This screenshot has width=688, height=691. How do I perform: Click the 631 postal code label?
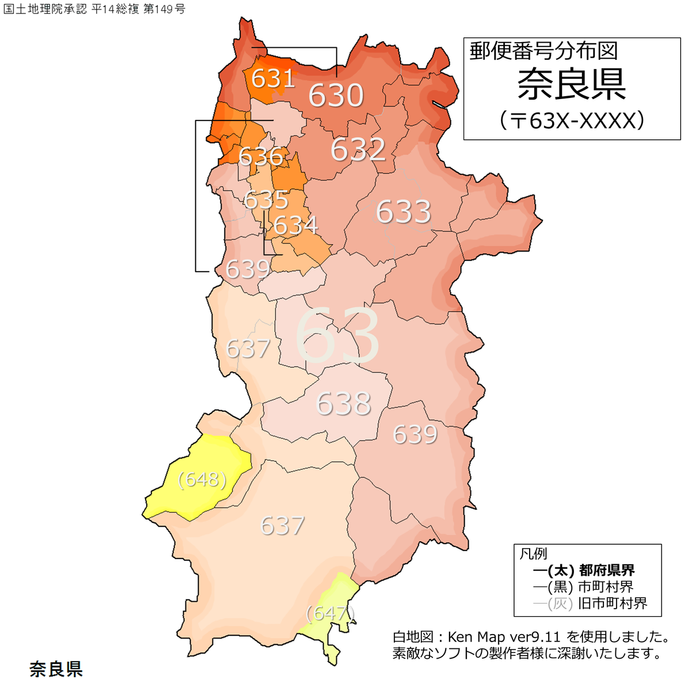(x=273, y=78)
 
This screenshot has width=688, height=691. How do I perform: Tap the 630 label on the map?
(x=336, y=95)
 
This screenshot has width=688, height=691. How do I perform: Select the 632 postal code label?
(x=358, y=150)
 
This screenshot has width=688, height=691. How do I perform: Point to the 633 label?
(x=403, y=212)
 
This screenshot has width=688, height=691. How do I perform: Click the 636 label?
(x=261, y=157)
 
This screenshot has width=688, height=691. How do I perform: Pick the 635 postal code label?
(x=265, y=200)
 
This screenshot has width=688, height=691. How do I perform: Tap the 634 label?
(x=295, y=225)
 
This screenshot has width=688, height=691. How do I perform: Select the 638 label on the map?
(x=343, y=404)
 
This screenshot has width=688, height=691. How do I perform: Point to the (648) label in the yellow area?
(x=202, y=480)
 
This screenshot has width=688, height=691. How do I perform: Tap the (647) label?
(x=329, y=613)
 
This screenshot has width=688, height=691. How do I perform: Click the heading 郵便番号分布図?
(x=543, y=51)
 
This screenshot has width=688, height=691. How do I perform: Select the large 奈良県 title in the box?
(x=571, y=85)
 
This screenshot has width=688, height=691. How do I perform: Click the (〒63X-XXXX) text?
(x=571, y=120)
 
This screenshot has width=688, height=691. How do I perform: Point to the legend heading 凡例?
(x=533, y=554)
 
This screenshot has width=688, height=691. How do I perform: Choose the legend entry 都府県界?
(x=607, y=571)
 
